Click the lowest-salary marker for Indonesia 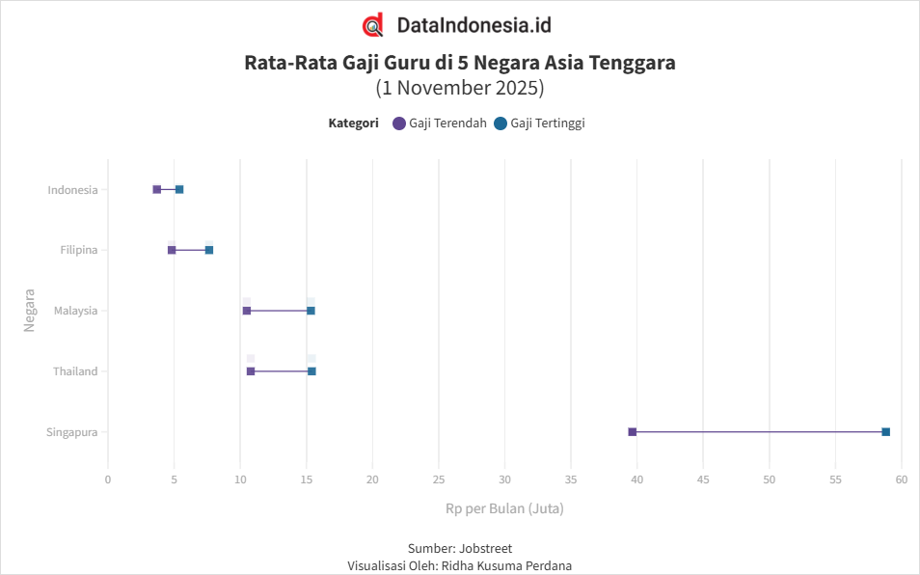click(x=157, y=189)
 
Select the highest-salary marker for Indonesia click(x=179, y=189)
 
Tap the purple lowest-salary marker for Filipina click(x=172, y=250)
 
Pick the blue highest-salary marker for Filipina click(x=209, y=250)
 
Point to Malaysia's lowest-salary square click(x=247, y=311)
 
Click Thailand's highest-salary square click(x=311, y=371)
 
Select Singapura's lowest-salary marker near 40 click(x=633, y=432)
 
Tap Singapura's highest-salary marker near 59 click(x=886, y=432)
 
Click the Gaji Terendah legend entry click(x=440, y=123)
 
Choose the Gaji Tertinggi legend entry click(x=540, y=123)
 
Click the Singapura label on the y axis click(x=72, y=432)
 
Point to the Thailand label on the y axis click(x=75, y=371)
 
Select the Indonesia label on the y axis click(x=72, y=190)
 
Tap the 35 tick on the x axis click(x=571, y=479)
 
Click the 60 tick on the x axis click(x=902, y=479)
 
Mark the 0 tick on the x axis click(x=108, y=479)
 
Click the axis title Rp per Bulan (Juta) click(x=504, y=508)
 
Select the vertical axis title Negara click(x=29, y=311)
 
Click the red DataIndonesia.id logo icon click(x=372, y=25)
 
